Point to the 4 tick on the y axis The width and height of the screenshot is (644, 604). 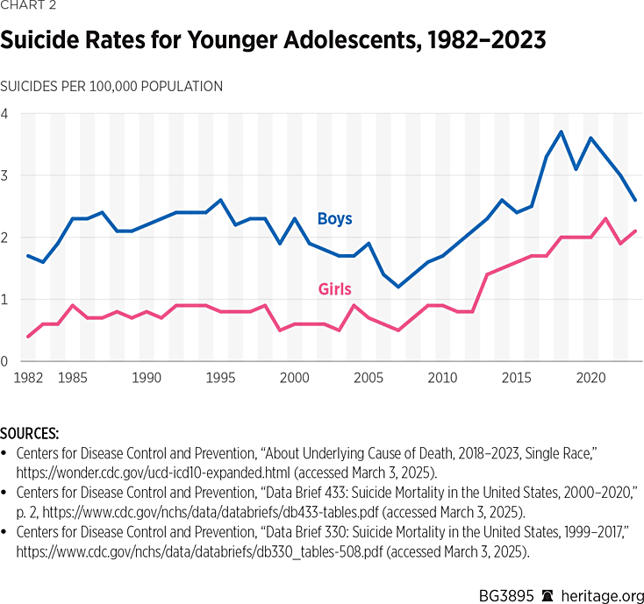point(4,114)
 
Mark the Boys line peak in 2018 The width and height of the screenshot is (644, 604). point(562,132)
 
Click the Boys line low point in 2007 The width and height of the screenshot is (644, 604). point(398,287)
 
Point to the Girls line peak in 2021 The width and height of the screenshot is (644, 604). point(605,219)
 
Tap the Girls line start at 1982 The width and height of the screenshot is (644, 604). point(28,337)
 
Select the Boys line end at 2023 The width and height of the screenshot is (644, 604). point(635,200)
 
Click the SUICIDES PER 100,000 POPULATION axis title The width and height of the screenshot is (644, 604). point(111,86)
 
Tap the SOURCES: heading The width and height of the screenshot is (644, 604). point(30,433)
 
